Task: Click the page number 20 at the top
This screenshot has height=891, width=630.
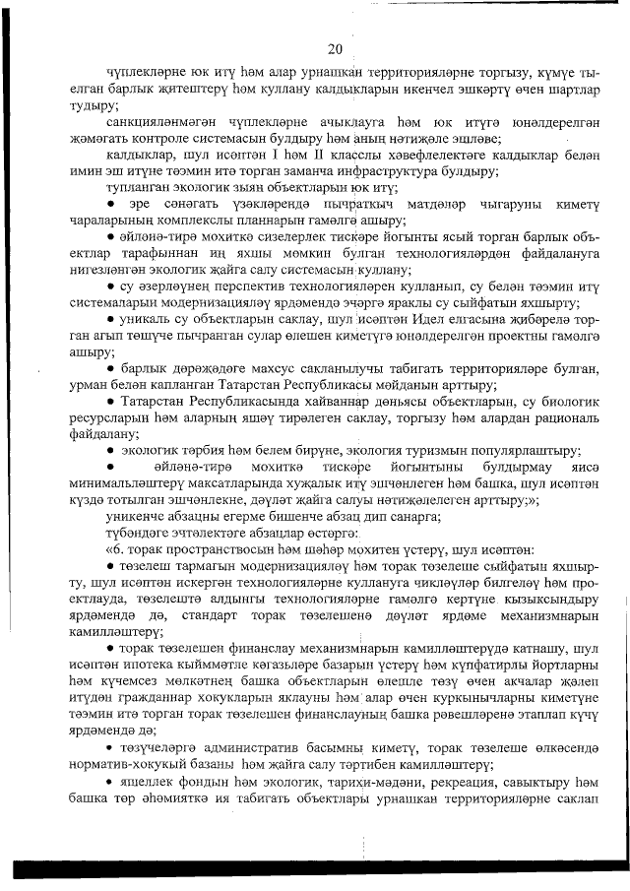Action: pos(334,49)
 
